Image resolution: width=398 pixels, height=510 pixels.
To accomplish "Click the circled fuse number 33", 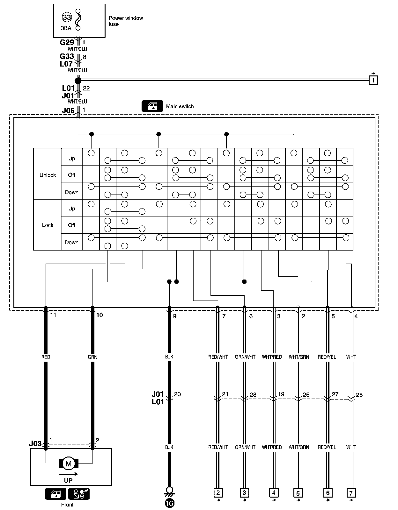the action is [x=67, y=17].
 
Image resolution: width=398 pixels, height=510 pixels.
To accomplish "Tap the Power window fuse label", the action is [x=125, y=21].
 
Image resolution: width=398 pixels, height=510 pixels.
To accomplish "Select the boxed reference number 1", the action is [x=373, y=80].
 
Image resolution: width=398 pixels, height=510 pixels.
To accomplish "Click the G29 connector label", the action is [x=67, y=42].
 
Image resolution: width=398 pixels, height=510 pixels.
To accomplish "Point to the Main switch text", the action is [x=180, y=107].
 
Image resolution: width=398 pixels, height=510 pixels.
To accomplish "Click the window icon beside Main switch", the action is [x=152, y=106].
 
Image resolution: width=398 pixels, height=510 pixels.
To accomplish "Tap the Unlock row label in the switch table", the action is [x=48, y=175].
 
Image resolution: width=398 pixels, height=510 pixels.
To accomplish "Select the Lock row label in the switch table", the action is [x=48, y=225].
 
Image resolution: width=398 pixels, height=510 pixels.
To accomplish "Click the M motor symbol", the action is [x=69, y=464].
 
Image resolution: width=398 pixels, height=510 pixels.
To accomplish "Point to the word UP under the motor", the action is [x=68, y=480].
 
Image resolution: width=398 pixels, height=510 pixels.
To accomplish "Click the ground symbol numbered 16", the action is [x=169, y=504].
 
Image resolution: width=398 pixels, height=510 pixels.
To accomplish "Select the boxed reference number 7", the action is [x=351, y=493].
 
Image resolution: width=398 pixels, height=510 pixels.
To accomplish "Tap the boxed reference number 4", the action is [x=274, y=493].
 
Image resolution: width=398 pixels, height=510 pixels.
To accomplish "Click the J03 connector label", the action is [x=35, y=443].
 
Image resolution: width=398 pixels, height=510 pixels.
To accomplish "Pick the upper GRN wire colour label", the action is [x=92, y=357].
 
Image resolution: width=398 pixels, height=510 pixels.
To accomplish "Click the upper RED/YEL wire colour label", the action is [x=327, y=357].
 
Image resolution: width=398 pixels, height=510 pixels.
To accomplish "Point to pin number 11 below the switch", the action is [x=53, y=315].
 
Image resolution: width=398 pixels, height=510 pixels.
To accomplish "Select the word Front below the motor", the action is [x=67, y=505].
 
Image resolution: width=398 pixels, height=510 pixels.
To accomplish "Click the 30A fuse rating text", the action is [x=66, y=28].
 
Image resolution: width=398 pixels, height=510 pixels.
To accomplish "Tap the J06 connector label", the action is [x=68, y=111].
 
